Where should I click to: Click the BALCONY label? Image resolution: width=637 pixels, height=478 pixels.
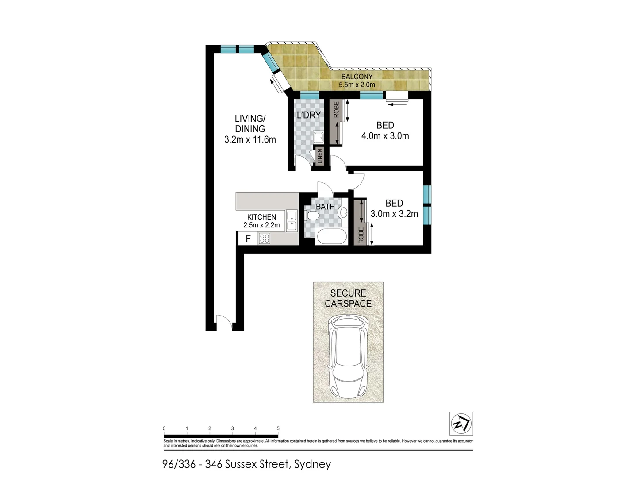tap(357, 77)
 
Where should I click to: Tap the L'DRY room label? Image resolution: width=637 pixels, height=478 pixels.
tap(308, 115)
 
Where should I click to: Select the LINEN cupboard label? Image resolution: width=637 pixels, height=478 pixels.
tap(320, 157)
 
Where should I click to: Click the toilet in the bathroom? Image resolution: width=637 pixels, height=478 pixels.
tap(312, 216)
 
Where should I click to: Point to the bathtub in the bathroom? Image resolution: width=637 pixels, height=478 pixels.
tap(331, 237)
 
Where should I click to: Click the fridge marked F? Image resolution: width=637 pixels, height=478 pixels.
tap(248, 239)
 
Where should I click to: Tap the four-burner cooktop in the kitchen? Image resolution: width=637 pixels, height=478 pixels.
tap(265, 239)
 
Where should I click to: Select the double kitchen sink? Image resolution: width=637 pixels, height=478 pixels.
tap(292, 221)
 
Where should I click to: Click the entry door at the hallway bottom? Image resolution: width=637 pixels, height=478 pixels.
tap(224, 322)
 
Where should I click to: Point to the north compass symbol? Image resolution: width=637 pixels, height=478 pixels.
tap(461, 424)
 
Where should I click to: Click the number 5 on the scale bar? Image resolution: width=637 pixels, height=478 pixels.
tap(278, 428)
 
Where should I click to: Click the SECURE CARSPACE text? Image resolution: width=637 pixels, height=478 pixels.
tap(348, 298)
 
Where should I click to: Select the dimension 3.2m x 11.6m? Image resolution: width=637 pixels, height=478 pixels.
tap(250, 140)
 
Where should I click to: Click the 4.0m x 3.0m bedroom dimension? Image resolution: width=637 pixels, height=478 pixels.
tap(385, 136)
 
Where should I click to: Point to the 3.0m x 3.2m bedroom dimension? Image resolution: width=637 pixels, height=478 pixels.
tap(394, 214)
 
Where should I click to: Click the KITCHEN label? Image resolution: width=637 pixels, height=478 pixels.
tap(261, 217)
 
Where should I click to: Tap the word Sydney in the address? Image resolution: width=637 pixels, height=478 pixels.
tap(312, 464)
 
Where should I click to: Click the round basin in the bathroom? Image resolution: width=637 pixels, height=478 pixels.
tap(343, 213)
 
